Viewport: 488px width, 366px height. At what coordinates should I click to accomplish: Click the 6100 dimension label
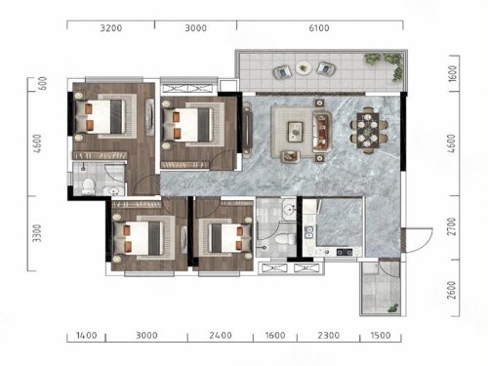click(x=319, y=28)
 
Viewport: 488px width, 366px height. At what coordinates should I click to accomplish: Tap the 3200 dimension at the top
click(x=111, y=28)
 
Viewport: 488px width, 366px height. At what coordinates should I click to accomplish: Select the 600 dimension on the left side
click(x=42, y=83)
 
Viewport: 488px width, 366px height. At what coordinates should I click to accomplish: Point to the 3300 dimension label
click(x=37, y=233)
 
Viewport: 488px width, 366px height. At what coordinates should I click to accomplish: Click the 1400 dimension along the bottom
click(x=87, y=335)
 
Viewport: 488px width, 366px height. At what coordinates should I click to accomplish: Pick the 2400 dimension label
click(x=221, y=335)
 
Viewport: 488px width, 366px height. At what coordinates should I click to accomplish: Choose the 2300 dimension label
click(x=329, y=335)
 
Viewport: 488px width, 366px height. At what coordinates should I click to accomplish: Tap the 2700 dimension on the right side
click(x=452, y=226)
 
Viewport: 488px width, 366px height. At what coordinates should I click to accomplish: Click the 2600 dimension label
click(x=452, y=290)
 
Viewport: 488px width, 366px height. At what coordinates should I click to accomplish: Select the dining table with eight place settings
click(x=368, y=130)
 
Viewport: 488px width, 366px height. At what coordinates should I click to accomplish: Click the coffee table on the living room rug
click(x=296, y=132)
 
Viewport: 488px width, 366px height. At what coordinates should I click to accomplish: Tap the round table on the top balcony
click(x=304, y=68)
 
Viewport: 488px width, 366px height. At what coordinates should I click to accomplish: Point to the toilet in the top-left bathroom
click(x=88, y=186)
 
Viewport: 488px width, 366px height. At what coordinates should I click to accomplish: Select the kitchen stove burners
click(x=345, y=252)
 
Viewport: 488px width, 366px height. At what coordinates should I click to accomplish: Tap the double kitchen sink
click(x=308, y=231)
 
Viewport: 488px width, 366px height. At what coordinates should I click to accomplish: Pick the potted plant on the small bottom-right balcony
click(x=393, y=308)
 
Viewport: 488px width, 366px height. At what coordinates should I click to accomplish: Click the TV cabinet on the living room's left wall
click(x=248, y=130)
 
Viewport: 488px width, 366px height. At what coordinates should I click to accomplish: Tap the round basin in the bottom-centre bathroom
click(x=289, y=208)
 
